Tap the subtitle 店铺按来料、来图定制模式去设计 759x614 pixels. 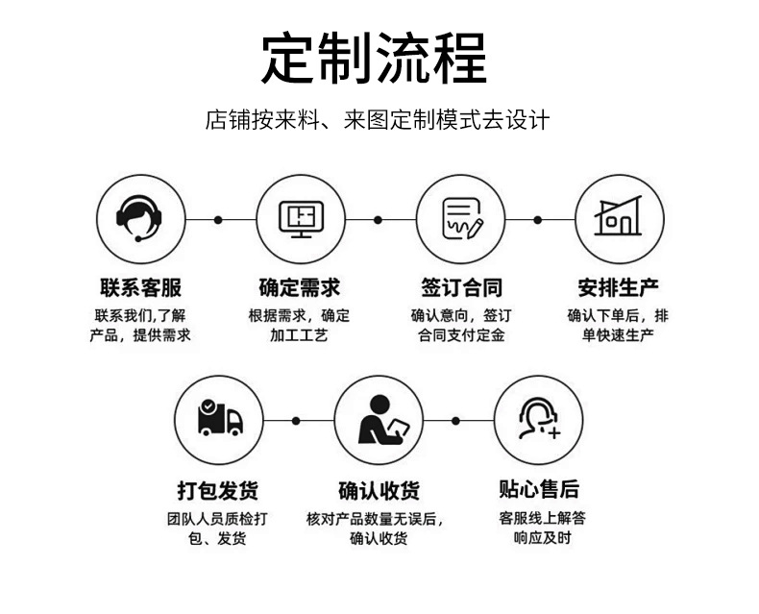pyautogui.click(x=378, y=121)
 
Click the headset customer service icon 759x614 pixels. pyautogui.click(x=140, y=219)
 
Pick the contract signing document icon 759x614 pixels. pyautogui.click(x=460, y=219)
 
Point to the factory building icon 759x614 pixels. pyautogui.click(x=619, y=219)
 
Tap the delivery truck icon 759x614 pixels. pyautogui.click(x=219, y=420)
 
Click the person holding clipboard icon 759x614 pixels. pyautogui.click(x=379, y=420)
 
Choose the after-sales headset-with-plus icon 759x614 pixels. pyautogui.click(x=538, y=420)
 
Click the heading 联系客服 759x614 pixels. pyautogui.click(x=140, y=287)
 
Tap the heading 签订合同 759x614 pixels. pyautogui.click(x=460, y=287)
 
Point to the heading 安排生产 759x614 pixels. pyautogui.click(x=619, y=287)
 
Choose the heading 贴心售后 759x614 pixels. pyautogui.click(x=539, y=489)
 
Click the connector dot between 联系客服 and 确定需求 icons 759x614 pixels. pyautogui.click(x=218, y=220)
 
